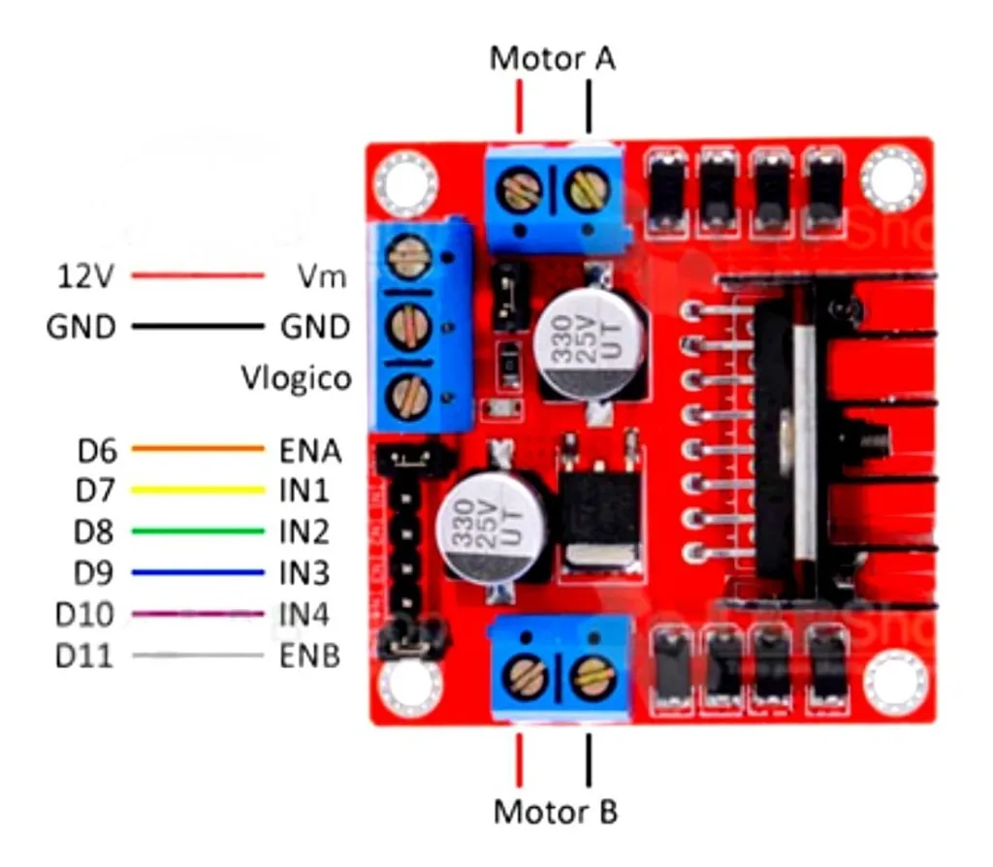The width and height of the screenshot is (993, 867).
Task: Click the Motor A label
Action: point(552,58)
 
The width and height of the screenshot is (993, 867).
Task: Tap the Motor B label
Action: point(555,811)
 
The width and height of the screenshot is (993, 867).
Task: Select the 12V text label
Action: point(82,276)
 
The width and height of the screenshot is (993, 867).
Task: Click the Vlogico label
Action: point(296,377)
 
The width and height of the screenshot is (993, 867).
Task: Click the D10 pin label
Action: point(84,615)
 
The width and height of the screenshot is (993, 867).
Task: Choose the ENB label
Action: point(310,657)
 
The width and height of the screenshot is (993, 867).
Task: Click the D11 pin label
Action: point(84,657)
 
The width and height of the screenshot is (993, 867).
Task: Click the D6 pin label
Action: point(96,450)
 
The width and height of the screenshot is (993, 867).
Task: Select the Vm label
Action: point(323,276)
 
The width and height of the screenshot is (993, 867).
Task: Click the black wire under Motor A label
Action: point(588,107)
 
